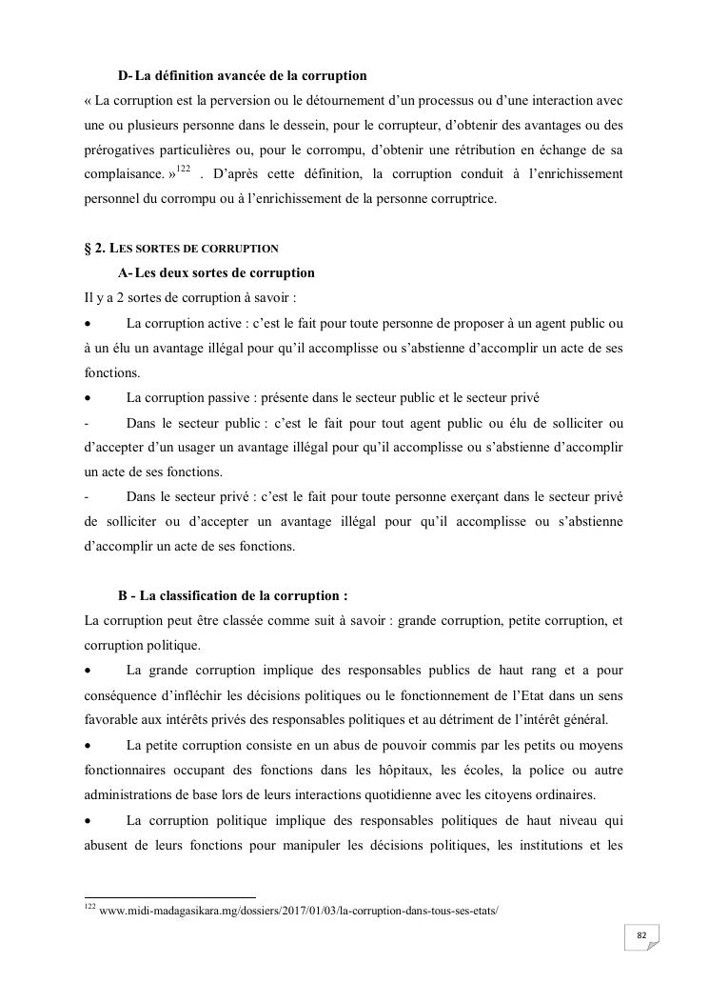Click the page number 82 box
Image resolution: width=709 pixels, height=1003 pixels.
pos(641,936)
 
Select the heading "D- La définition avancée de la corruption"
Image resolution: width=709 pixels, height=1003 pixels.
pos(242,75)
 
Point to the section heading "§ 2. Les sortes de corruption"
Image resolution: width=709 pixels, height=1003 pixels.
pos(181,249)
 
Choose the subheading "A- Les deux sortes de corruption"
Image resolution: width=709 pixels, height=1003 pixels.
pos(216,273)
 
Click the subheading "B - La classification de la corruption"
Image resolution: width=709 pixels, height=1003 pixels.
pos(232,596)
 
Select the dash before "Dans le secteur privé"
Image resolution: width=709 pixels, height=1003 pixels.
pos(87,497)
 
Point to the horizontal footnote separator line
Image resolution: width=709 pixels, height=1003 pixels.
pos(170,896)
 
